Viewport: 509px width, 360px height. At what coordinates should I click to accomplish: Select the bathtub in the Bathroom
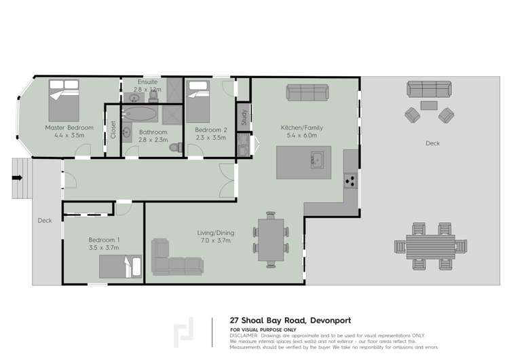coord(140,114)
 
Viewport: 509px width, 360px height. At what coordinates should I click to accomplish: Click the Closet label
coord(113,130)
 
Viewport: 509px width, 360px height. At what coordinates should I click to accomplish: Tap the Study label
coord(243,118)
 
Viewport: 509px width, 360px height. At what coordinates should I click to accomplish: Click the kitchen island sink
coord(316,161)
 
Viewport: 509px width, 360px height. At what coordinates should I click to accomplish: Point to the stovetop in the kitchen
coord(350,180)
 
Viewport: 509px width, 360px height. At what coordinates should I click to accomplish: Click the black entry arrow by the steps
coord(17,178)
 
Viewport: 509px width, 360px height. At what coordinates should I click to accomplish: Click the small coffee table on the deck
coord(428,105)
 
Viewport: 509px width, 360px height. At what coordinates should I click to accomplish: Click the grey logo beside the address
coord(184,332)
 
